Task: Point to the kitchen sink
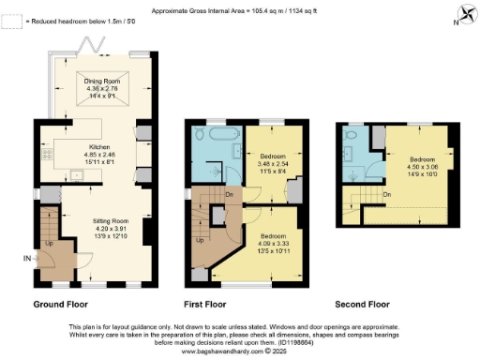pos(74,173)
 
